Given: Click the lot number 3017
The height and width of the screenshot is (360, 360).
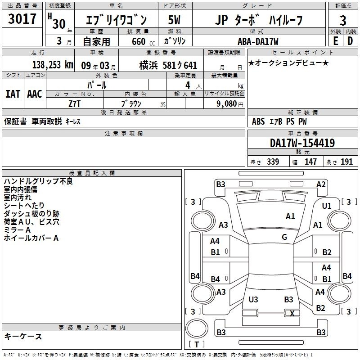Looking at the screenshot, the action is coord(22,19).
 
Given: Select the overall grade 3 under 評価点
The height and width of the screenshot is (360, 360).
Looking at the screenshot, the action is coord(343,20).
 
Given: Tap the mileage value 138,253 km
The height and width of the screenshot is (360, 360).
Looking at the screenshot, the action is coord(53,65).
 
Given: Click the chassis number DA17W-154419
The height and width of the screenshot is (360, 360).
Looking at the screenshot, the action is coord(302,143).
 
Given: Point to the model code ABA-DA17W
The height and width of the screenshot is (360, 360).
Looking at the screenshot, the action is coord(258,41).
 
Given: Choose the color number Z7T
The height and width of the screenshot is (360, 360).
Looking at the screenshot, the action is coord(75,104).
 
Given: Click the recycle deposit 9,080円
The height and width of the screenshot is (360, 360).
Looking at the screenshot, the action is coord(230,104).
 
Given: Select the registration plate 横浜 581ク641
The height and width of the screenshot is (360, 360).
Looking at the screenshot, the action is coord(168,65).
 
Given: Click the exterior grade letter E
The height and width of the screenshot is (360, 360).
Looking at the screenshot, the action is coord(335,41).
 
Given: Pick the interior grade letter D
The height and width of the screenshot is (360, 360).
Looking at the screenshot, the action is coord(350,41).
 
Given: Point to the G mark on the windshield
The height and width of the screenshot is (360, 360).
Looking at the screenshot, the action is coord(284,237).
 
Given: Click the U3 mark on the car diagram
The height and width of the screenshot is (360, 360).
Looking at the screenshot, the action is coord(253,299).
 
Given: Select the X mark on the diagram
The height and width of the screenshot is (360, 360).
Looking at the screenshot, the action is coord(292,313).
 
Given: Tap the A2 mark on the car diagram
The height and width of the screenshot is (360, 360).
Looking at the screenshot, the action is coord(321,184).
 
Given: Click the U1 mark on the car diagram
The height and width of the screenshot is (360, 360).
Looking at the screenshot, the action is coord(327,206).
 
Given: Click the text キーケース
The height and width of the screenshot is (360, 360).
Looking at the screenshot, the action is coord(23,336).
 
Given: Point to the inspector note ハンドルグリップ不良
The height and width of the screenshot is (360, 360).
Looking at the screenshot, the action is coord(38,181).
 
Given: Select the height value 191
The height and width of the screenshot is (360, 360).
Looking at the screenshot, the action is coord(346,162).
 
